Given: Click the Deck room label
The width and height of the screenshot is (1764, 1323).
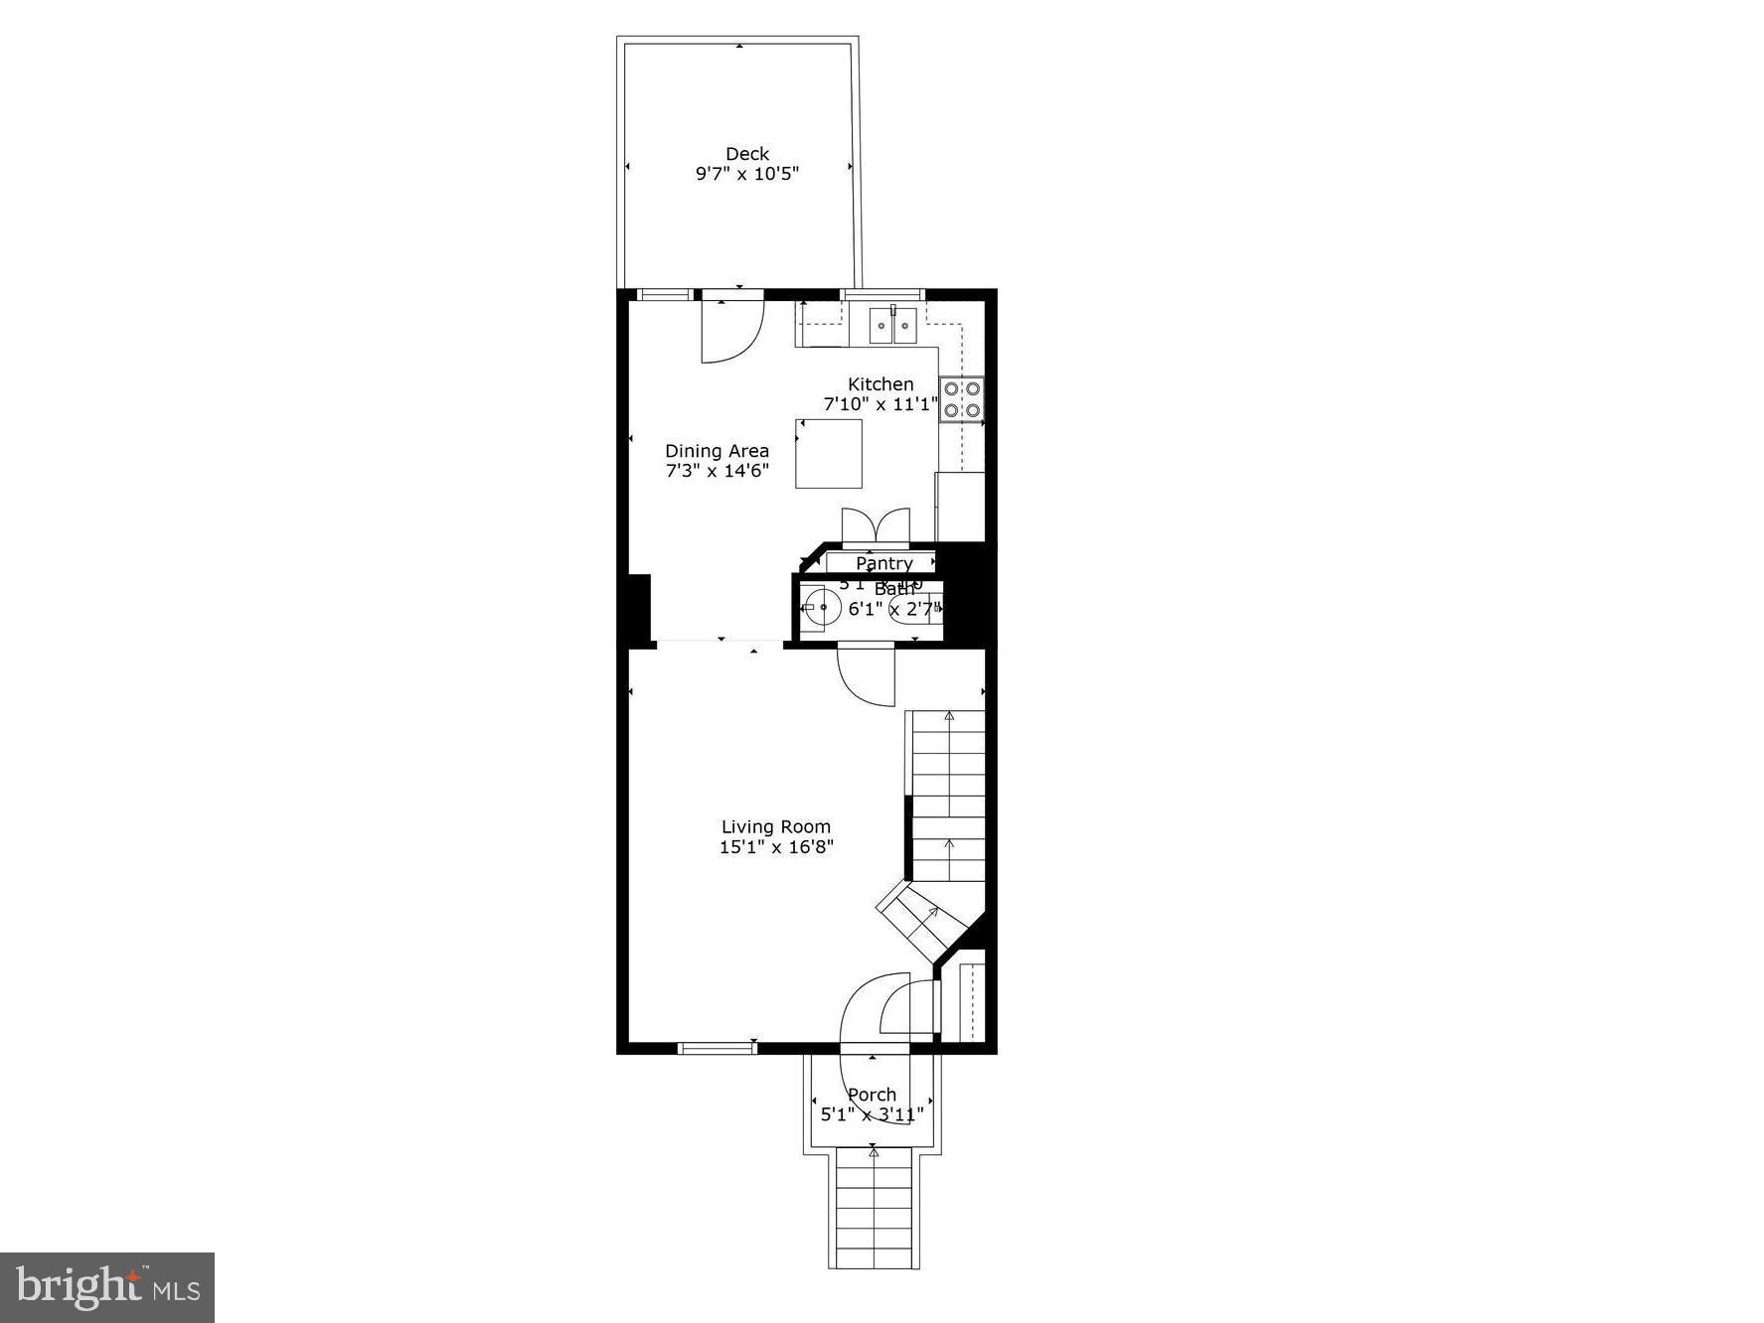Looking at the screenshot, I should (746, 154).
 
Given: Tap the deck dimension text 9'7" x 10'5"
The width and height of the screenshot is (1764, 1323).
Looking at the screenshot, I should (746, 174).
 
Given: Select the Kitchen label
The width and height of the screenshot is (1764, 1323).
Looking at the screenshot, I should (880, 384).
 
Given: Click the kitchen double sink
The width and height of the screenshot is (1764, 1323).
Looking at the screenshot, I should (892, 325).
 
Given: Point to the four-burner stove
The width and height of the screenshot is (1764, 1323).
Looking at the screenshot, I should (962, 399).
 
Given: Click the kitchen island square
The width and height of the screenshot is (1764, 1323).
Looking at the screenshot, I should (828, 454).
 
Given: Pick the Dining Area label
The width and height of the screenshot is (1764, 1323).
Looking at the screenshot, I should (717, 451).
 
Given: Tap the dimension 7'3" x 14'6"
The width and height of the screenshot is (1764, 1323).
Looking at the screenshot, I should (717, 471).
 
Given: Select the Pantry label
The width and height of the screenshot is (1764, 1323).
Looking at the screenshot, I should (883, 563).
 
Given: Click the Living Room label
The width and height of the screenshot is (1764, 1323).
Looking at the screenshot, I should (775, 826).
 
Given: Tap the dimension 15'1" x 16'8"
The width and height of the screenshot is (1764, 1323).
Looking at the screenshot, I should (775, 847).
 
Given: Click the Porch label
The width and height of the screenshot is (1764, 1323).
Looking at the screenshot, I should (872, 1095).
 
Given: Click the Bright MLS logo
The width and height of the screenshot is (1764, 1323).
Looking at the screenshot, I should (107, 1287).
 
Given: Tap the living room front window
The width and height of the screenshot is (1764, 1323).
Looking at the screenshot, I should (717, 1047).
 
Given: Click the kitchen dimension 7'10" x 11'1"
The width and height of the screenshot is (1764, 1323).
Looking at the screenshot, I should (880, 404).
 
